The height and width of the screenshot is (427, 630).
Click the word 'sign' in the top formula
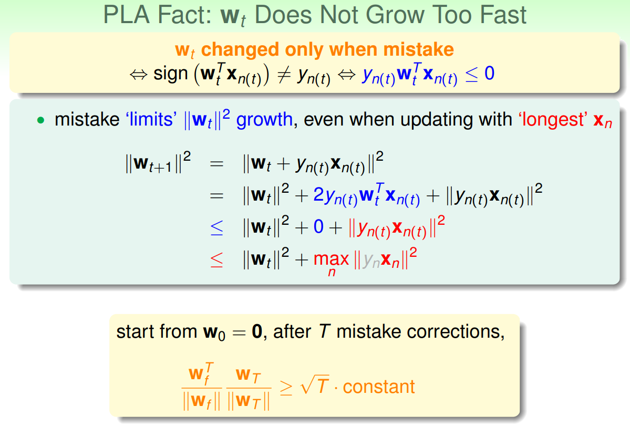pos(171,74)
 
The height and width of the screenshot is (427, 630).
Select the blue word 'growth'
pos(264,120)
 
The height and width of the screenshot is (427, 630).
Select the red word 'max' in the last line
pos(331,259)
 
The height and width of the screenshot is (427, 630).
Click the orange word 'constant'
pos(379,387)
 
